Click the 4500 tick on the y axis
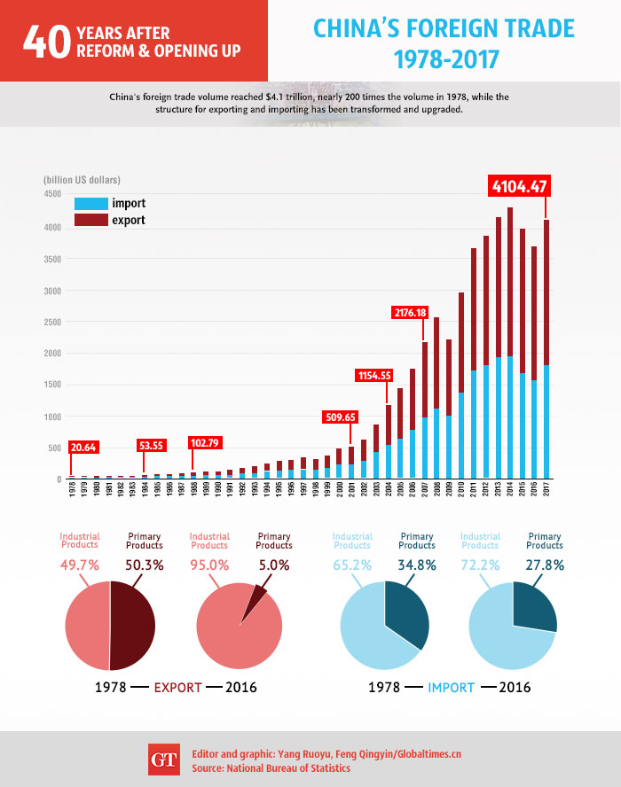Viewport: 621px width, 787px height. [x=51, y=194]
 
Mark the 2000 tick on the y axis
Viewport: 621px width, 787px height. [x=51, y=353]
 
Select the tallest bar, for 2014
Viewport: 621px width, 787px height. [x=509, y=346]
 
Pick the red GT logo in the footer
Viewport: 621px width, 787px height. [x=163, y=760]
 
